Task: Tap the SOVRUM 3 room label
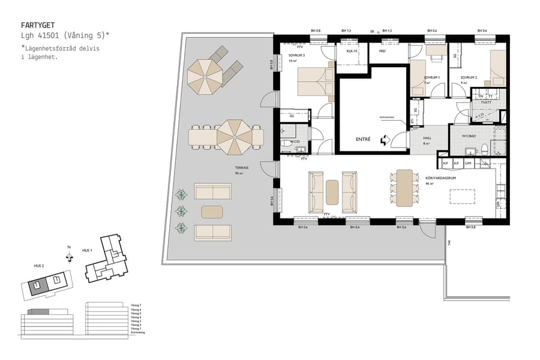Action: coord(297,55)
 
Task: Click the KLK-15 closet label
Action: coord(352,52)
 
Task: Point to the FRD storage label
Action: coord(382,52)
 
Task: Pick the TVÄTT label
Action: coord(487,103)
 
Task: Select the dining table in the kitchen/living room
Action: coord(404,188)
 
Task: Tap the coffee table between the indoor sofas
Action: coord(332,192)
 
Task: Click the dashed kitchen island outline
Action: coord(462,196)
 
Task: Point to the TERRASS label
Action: coord(242,168)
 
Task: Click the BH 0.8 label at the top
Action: coord(316,31)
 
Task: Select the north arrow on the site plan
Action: coord(69,257)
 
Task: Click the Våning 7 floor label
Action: coord(136,305)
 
